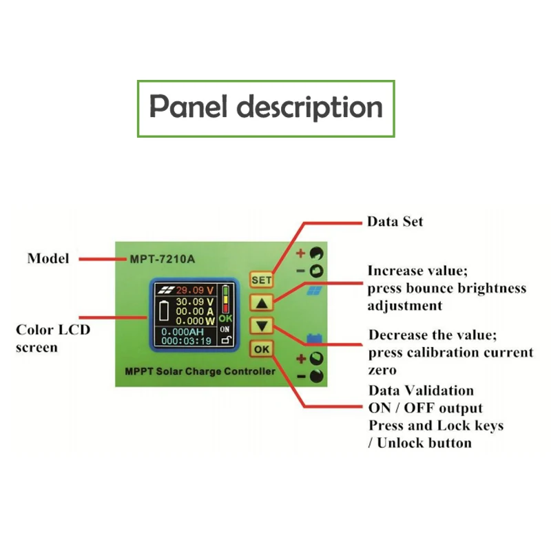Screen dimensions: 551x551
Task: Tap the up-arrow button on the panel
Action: (x=262, y=302)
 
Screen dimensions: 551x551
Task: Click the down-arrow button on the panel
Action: (x=262, y=326)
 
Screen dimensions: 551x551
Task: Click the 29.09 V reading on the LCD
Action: (x=195, y=289)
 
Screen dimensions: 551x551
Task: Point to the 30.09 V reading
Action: (x=195, y=302)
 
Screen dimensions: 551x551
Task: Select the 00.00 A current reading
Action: (x=195, y=311)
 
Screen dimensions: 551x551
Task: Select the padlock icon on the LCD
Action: (x=225, y=340)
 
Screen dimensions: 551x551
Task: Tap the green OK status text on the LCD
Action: (x=225, y=319)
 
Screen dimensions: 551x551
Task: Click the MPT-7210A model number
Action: (x=163, y=260)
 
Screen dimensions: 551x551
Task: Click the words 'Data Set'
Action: (x=395, y=222)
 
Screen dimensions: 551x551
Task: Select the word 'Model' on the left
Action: (x=48, y=259)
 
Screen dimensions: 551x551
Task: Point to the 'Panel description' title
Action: (x=267, y=108)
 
